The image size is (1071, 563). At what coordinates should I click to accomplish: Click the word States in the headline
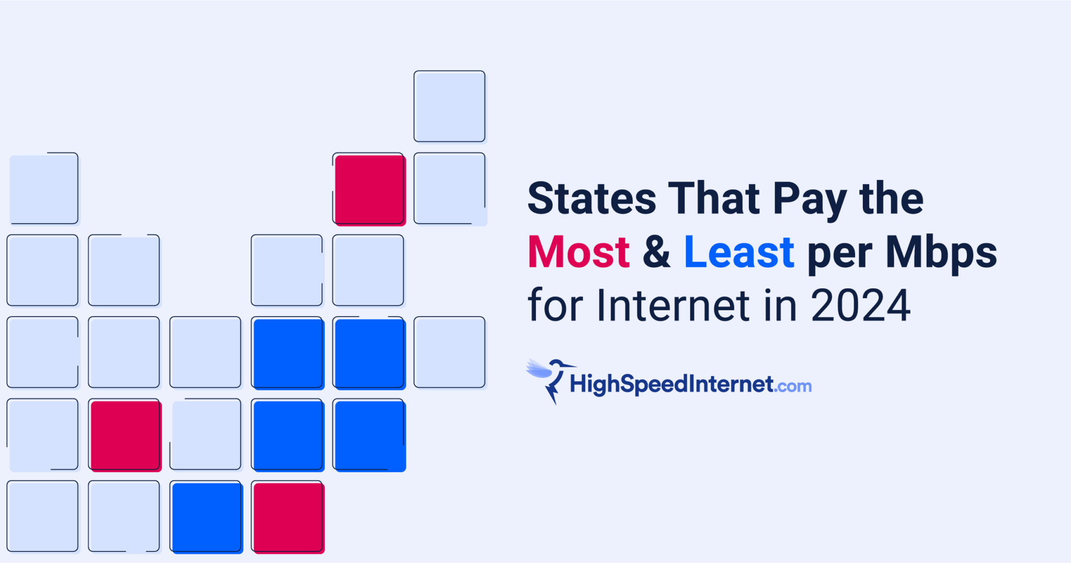(x=591, y=198)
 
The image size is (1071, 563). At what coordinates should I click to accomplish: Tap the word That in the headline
(x=714, y=198)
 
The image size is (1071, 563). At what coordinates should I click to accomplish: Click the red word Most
(x=578, y=252)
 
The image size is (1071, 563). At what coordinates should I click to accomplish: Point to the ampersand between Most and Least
(x=656, y=252)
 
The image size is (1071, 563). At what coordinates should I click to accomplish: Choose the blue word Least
(x=739, y=252)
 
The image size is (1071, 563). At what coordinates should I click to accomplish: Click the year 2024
(x=860, y=305)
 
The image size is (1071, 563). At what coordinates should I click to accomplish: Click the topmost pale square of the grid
(x=449, y=107)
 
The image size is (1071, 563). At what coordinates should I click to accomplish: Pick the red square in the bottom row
(x=288, y=517)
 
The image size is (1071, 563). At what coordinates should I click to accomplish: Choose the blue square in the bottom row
(x=207, y=517)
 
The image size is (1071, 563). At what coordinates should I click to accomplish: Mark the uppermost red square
(x=369, y=189)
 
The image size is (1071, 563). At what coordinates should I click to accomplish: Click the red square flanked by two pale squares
(x=125, y=435)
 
